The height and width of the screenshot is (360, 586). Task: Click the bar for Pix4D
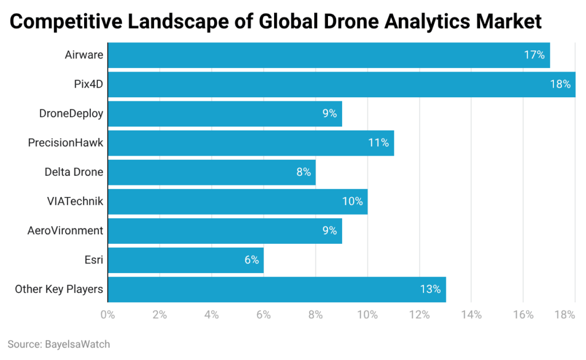point(341,84)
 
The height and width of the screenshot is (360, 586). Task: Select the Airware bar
point(328,55)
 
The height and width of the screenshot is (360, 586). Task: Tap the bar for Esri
point(185,260)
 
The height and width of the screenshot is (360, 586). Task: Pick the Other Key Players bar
point(276,289)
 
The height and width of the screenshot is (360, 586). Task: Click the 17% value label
point(534,55)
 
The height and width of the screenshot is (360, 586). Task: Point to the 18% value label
point(560,84)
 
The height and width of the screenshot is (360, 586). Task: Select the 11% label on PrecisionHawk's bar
point(378,143)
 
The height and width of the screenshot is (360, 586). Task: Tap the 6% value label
point(251,260)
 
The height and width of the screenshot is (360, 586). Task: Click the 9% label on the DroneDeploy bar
point(329,113)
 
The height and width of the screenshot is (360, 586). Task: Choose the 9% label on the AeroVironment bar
point(329,231)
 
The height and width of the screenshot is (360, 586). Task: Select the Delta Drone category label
point(74,172)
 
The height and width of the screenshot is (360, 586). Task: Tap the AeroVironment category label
point(65,231)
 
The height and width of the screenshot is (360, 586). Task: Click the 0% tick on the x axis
point(108,315)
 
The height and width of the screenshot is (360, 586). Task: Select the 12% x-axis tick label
point(419,315)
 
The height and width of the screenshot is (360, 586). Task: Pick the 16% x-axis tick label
point(523,315)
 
